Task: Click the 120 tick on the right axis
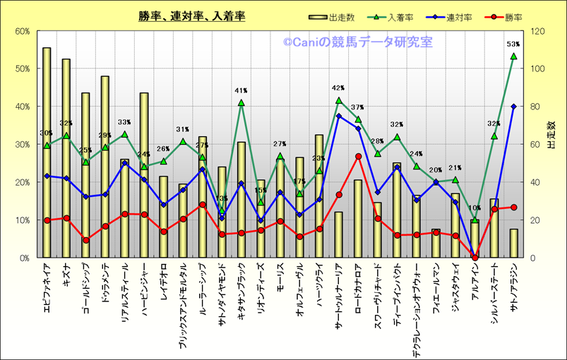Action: (x=537, y=31)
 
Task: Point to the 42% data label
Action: (x=338, y=88)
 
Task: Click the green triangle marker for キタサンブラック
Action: (x=241, y=102)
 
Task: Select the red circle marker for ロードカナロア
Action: (x=358, y=156)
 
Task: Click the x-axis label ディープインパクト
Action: (x=398, y=296)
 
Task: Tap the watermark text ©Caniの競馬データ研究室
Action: (x=358, y=43)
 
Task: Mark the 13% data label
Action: (x=222, y=198)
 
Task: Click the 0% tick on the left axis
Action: (x=23, y=258)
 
